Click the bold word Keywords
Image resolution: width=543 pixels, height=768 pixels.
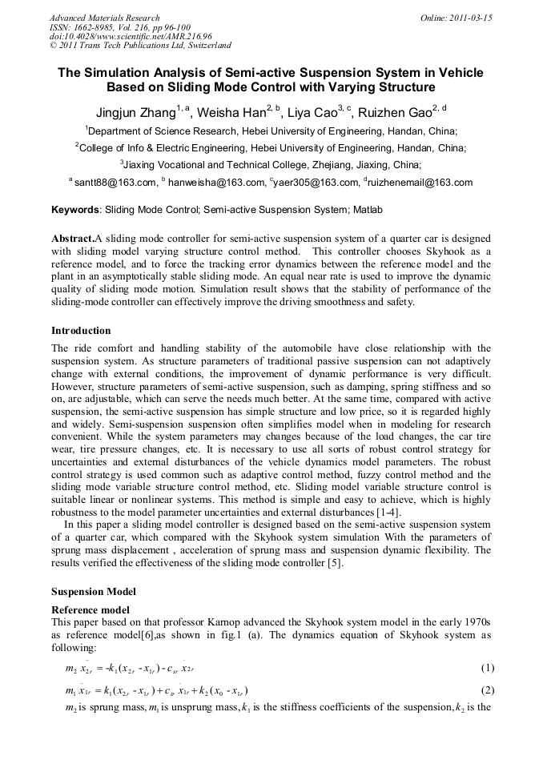74,211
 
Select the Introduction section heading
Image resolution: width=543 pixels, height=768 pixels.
81,331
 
